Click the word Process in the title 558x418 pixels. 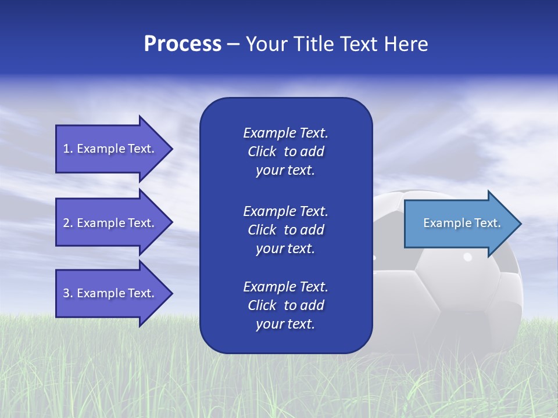pos(183,44)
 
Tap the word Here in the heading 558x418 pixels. pos(406,44)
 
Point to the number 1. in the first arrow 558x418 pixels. pos(68,149)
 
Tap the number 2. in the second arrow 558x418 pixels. pos(68,223)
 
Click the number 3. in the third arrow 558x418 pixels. pos(68,294)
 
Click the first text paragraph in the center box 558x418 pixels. pos(285,152)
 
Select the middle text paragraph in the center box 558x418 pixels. pos(285,230)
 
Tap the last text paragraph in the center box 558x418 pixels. pos(285,305)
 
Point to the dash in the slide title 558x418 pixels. pos(233,44)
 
